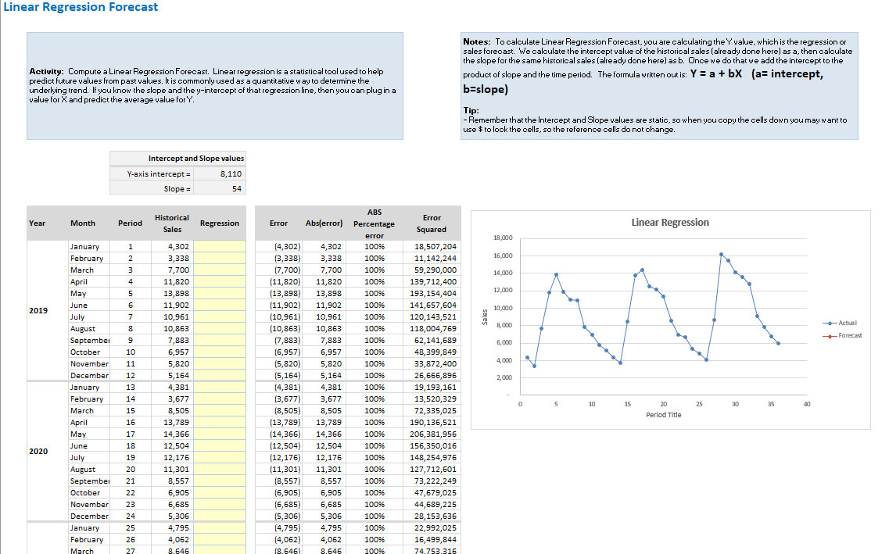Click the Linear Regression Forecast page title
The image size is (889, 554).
(x=81, y=7)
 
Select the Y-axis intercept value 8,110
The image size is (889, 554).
(x=231, y=173)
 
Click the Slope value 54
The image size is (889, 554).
(x=236, y=188)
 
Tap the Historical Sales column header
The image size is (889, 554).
(x=172, y=223)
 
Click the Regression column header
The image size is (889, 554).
(x=220, y=223)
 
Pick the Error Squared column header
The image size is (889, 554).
(x=432, y=223)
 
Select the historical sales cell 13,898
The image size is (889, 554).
(x=177, y=294)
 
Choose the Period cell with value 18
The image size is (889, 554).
(x=131, y=446)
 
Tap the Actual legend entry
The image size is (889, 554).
(x=848, y=323)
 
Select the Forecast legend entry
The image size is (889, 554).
(x=849, y=335)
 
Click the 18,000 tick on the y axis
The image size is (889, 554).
(x=503, y=238)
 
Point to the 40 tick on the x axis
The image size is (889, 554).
(x=807, y=404)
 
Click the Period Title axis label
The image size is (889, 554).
(x=663, y=415)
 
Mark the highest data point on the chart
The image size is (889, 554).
(x=721, y=254)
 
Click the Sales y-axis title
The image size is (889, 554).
(x=485, y=317)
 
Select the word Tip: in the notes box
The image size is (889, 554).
(x=471, y=110)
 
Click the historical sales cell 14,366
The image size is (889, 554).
(x=177, y=434)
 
